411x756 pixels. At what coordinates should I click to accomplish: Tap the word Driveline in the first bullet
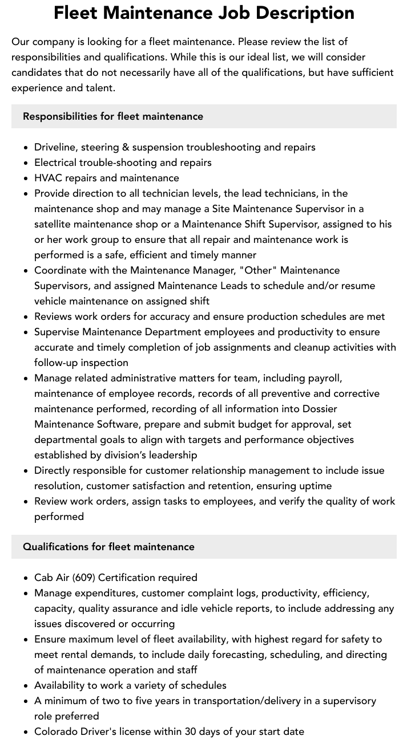point(55,147)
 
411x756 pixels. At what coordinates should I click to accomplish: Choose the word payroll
point(324,378)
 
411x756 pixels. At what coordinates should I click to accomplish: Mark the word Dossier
point(320,409)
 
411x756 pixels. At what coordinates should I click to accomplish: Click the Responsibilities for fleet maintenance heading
point(113,116)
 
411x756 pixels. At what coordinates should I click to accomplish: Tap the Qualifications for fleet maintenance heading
point(108,547)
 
